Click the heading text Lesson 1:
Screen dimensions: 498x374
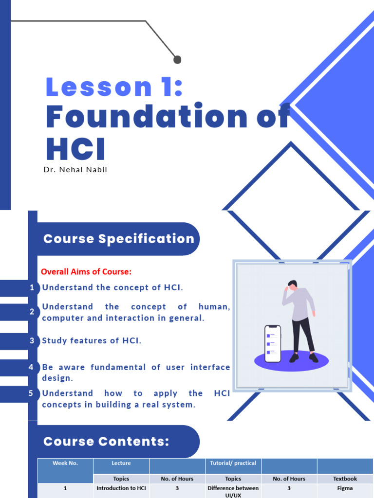pos(114,87)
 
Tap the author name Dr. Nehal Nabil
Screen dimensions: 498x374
pos(76,170)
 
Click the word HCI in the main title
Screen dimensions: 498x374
pos(75,149)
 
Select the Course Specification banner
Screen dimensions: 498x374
pos(118,239)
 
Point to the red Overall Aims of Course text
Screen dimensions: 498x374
pos(86,271)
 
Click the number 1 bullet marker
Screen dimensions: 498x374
pos(32,288)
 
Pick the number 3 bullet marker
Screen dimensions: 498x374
pos(32,341)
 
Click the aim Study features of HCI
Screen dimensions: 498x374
pos(92,340)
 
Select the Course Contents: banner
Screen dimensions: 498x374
pos(106,442)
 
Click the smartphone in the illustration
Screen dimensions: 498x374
pos(273,344)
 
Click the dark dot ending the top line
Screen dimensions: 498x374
pos(177,60)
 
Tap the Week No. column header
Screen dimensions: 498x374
pos(65,463)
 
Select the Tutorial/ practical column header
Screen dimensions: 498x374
pos(233,463)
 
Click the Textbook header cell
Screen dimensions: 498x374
pos(345,479)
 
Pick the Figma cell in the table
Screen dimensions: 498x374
pos(345,488)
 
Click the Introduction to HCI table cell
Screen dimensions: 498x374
pos(121,488)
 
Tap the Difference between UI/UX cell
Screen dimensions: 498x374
pos(233,491)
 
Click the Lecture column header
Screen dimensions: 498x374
pos(121,463)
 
